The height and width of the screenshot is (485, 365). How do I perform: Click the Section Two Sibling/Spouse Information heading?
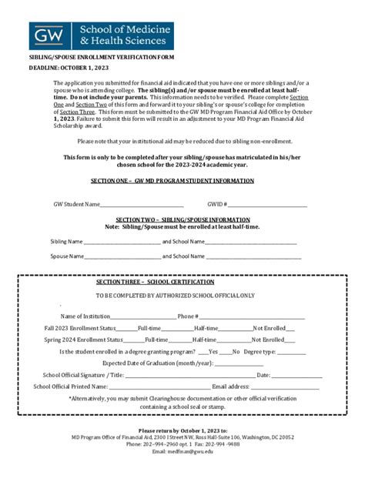click(x=182, y=220)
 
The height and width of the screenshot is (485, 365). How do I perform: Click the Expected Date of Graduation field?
click(x=239, y=363)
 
